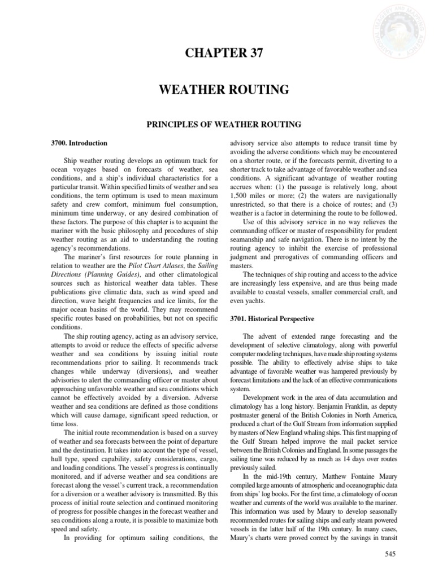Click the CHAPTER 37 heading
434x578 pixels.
coord(217,55)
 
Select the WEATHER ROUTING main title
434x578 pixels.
coord(217,90)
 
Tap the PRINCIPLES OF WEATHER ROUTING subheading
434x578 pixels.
coord(217,123)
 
